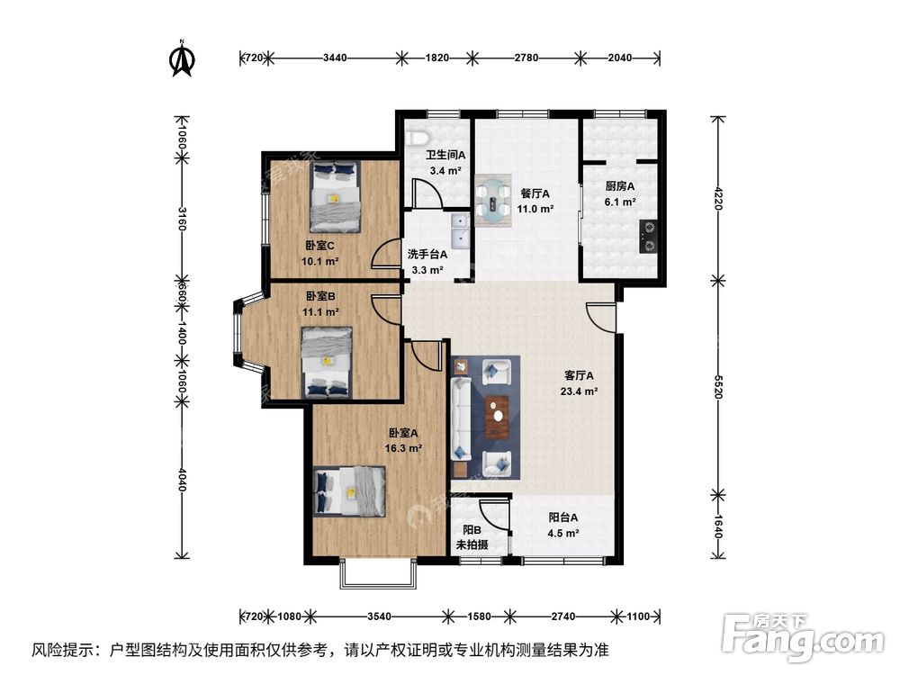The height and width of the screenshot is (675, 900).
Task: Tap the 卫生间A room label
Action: pos(445,155)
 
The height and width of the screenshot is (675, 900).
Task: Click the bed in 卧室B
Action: pos(325,362)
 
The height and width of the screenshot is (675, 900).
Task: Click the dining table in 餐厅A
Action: pos(492,198)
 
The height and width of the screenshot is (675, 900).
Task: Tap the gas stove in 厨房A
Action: pos(647,236)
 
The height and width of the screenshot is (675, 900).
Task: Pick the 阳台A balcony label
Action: pos(563,517)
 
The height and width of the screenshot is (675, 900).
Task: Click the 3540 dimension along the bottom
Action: pos(379,616)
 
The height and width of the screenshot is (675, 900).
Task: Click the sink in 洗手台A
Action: pos(459,230)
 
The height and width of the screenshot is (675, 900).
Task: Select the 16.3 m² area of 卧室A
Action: pos(403,446)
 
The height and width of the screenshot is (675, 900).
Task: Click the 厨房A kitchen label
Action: pos(620,186)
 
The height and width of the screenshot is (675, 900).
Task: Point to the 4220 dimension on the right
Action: pos(718,197)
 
